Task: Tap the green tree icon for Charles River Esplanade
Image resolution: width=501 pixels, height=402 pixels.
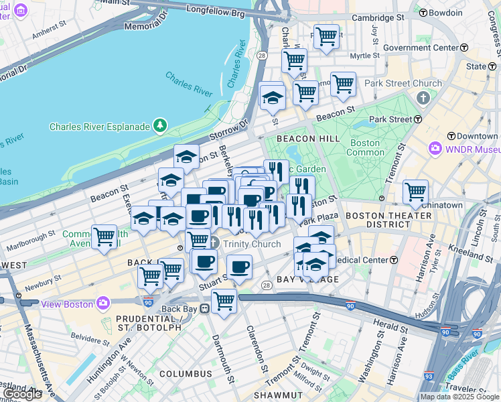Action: point(160,125)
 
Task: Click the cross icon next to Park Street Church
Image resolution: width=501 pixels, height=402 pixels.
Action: point(422,98)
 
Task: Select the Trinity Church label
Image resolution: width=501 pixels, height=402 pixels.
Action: point(252,244)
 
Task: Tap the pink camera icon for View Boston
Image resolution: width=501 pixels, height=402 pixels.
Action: point(102,303)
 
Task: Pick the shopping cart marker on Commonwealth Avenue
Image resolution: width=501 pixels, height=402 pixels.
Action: point(104,236)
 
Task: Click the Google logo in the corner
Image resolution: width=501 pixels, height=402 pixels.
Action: point(23,394)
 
